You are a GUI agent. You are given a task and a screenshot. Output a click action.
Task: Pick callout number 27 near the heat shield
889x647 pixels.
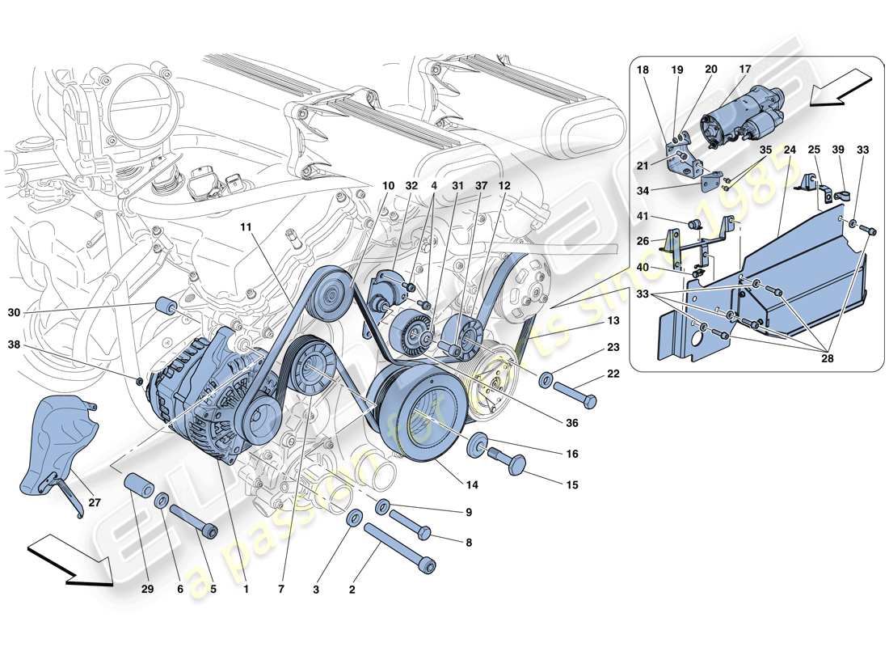[x=95, y=502]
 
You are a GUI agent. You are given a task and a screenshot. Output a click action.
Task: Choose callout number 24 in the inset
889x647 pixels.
[x=790, y=150]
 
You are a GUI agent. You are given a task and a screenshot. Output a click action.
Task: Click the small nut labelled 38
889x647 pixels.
[x=140, y=380]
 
